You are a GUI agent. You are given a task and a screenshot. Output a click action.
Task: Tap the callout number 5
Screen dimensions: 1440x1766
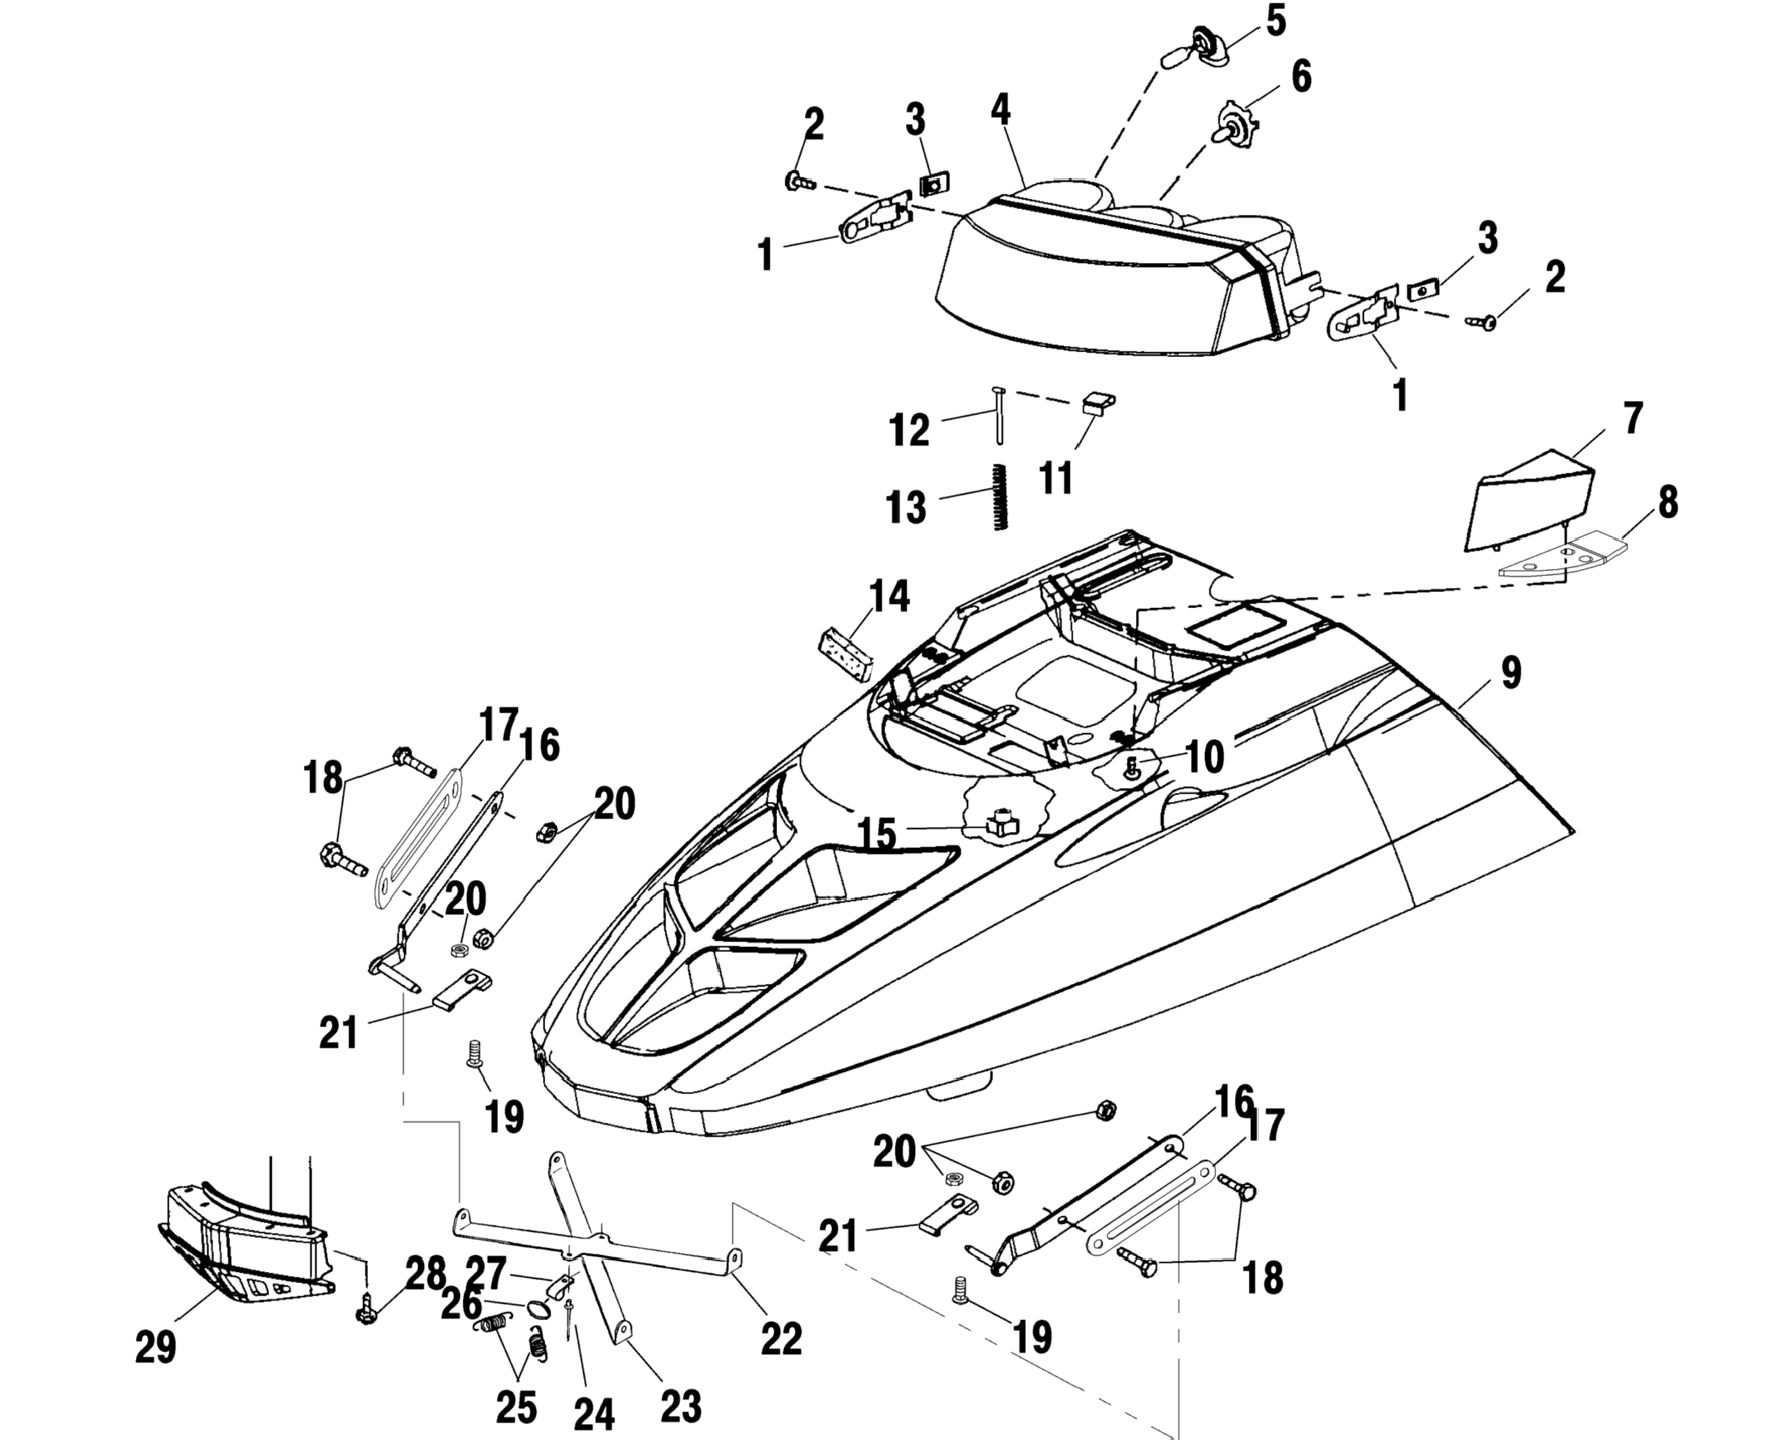[x=1276, y=21]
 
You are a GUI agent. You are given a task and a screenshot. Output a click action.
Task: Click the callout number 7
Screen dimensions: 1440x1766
[x=1632, y=420]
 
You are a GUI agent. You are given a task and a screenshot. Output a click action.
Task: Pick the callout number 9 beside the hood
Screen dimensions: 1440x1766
[x=1512, y=674]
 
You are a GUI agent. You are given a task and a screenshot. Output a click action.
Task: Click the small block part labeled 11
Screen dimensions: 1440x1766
[x=1098, y=403]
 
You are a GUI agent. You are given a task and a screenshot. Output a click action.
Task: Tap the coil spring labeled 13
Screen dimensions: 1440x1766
[x=1000, y=498]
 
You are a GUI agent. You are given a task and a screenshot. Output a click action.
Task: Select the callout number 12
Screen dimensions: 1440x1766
[x=909, y=432]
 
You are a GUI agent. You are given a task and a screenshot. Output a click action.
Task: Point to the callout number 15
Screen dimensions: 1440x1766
[x=876, y=833]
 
